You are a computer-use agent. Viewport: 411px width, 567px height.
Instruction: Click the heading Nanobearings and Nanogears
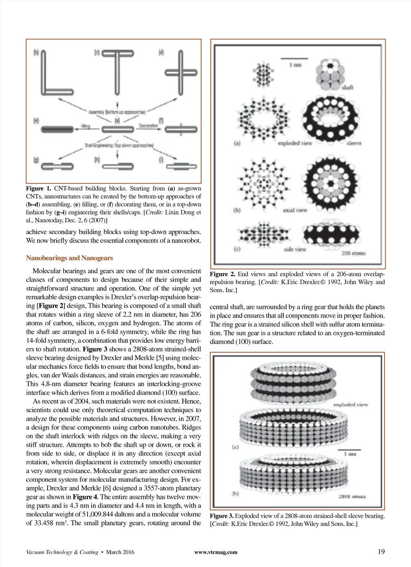click(69, 258)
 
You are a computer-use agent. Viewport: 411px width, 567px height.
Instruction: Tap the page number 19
click(381, 552)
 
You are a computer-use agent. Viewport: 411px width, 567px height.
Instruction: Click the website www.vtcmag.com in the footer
click(216, 552)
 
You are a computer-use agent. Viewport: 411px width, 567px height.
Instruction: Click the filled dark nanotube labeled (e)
click(57, 129)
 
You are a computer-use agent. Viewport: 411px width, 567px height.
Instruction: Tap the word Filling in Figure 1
click(85, 126)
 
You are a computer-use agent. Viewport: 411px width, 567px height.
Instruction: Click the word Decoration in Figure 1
click(148, 126)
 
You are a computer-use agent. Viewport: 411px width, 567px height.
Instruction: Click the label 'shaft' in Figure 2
click(348, 87)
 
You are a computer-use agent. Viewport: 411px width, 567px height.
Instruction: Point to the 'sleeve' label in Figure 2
click(354, 143)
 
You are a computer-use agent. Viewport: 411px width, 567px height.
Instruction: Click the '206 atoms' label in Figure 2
click(353, 253)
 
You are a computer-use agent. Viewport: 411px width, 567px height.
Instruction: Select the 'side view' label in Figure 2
click(295, 249)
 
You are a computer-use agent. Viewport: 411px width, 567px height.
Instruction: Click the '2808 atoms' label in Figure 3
click(352, 496)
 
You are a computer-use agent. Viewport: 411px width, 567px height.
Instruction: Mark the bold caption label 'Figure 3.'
click(222, 516)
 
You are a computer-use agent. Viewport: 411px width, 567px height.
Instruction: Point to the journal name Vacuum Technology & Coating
click(62, 552)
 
